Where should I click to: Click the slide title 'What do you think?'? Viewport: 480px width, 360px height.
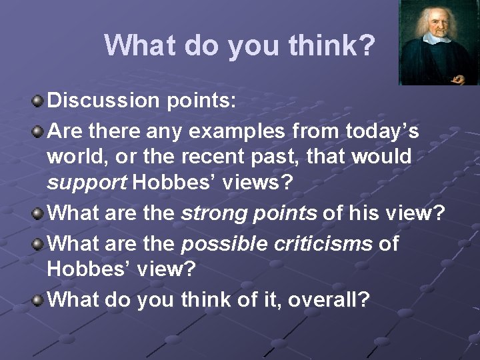[x=240, y=45]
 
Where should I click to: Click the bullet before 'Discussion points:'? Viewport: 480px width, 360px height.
[x=39, y=101]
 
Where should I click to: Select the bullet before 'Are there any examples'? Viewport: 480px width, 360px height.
[x=39, y=130]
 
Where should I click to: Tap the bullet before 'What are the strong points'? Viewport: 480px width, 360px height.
[x=39, y=214]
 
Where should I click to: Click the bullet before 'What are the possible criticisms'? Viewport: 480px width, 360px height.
[x=39, y=243]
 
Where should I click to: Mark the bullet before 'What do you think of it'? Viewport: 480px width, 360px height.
[x=39, y=299]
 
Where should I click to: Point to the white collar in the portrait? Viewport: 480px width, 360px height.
[x=437, y=39]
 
